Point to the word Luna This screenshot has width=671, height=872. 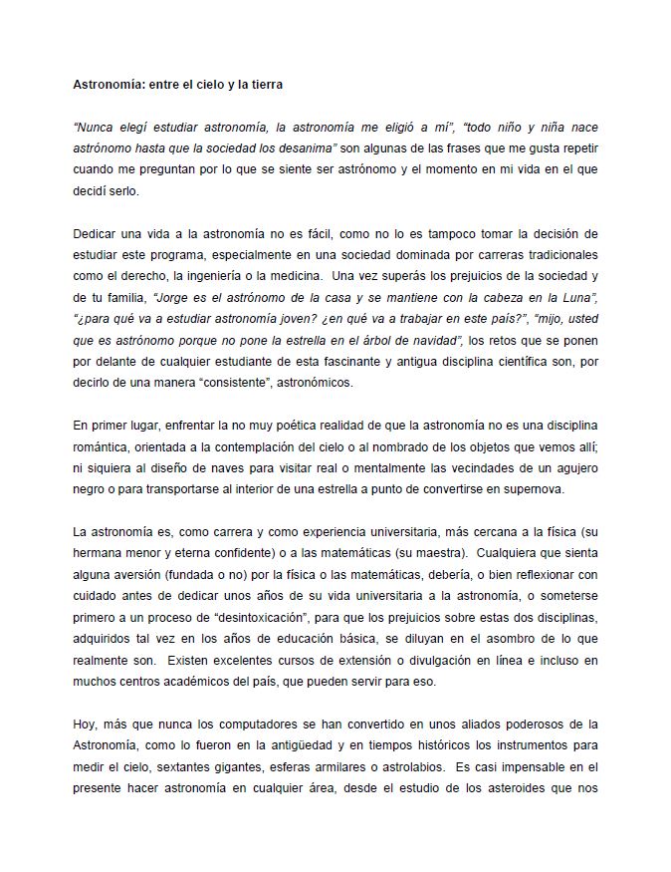tap(577, 297)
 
